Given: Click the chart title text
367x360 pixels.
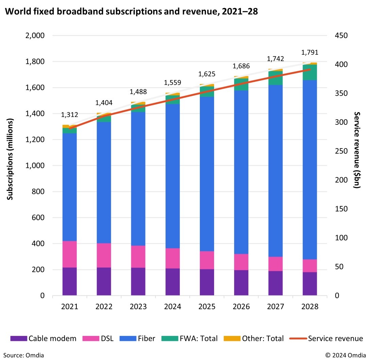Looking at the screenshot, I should (x=132, y=11).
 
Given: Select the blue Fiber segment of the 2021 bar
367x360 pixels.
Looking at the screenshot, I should (x=69, y=187).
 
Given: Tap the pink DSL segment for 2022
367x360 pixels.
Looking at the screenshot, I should (x=104, y=255).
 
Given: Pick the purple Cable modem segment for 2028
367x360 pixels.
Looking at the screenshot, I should (x=310, y=284).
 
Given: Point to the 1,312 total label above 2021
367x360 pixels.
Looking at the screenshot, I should (x=69, y=115).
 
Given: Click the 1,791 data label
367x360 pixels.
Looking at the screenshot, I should (x=310, y=53).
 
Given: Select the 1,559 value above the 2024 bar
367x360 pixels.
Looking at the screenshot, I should (x=173, y=83).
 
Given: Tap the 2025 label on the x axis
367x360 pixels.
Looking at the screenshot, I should (x=207, y=307).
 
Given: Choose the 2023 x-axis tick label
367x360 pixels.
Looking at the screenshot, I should (x=138, y=307).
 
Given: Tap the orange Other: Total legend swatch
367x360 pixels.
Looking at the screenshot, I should (x=232, y=339).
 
